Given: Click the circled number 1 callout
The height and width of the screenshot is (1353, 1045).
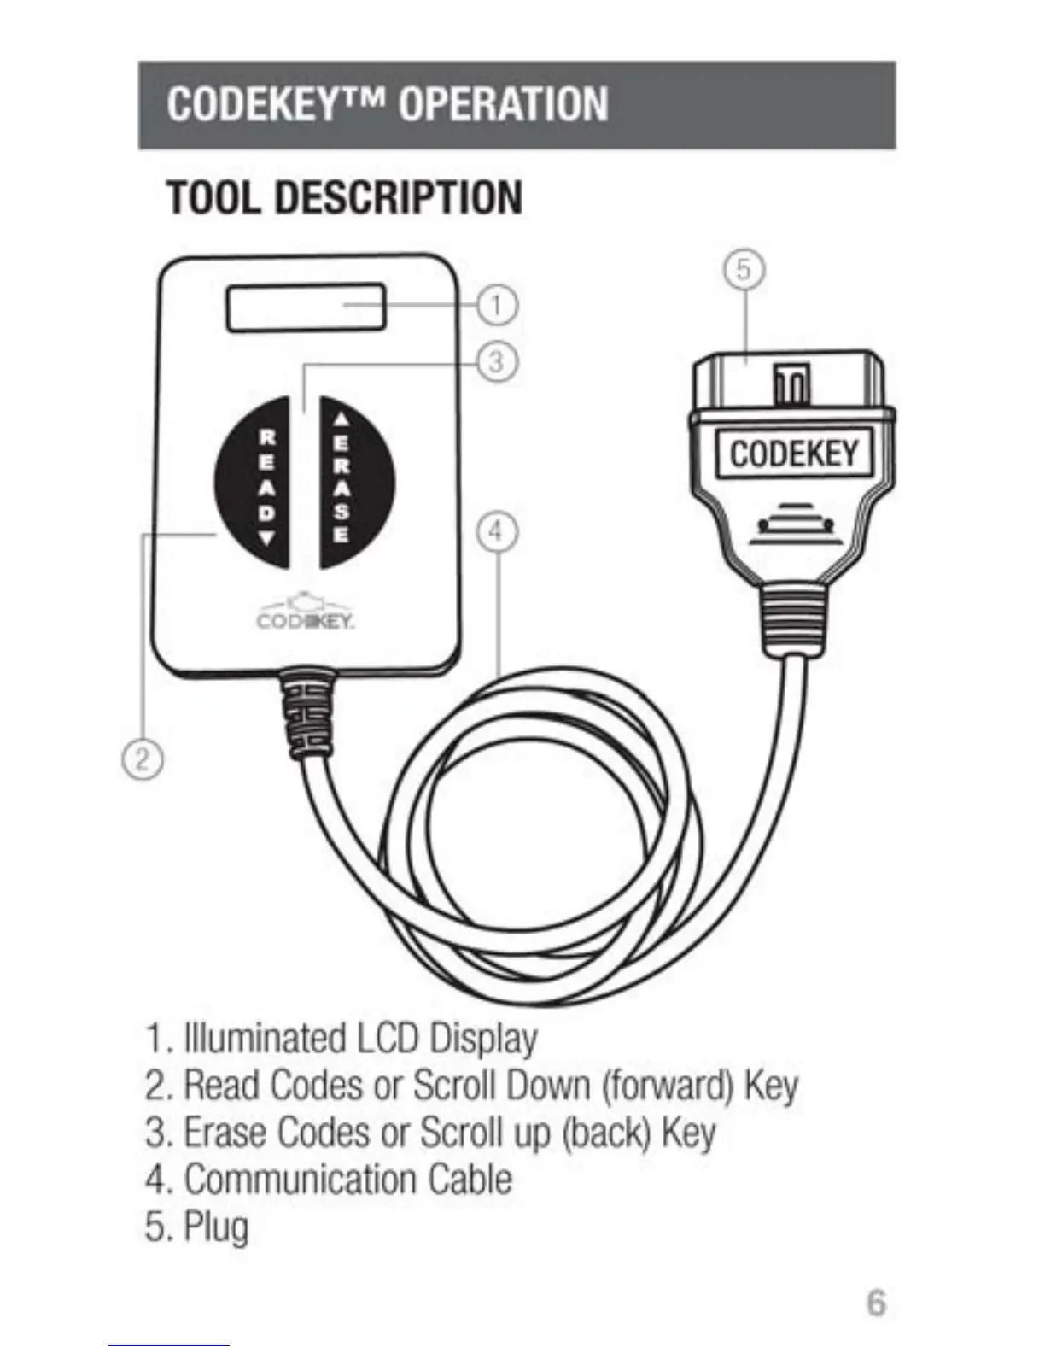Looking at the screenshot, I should click(x=496, y=305).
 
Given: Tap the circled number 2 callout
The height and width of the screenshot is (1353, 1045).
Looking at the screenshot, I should click(x=143, y=759).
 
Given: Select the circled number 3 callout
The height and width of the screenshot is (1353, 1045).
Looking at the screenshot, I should click(x=497, y=361).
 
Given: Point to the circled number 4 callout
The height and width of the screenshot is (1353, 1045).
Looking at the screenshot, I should click(x=496, y=531).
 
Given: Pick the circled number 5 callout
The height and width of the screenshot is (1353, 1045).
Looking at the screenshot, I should click(x=744, y=270).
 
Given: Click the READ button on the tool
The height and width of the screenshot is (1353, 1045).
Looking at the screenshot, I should click(x=254, y=484).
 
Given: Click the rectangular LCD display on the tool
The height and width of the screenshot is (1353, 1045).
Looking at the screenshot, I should click(x=306, y=308).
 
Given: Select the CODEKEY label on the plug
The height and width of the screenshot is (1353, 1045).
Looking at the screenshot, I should click(x=792, y=453).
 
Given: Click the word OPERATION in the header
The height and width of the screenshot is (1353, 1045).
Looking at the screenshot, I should click(x=503, y=105).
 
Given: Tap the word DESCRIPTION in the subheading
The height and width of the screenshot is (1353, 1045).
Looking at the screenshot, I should click(x=399, y=197).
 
